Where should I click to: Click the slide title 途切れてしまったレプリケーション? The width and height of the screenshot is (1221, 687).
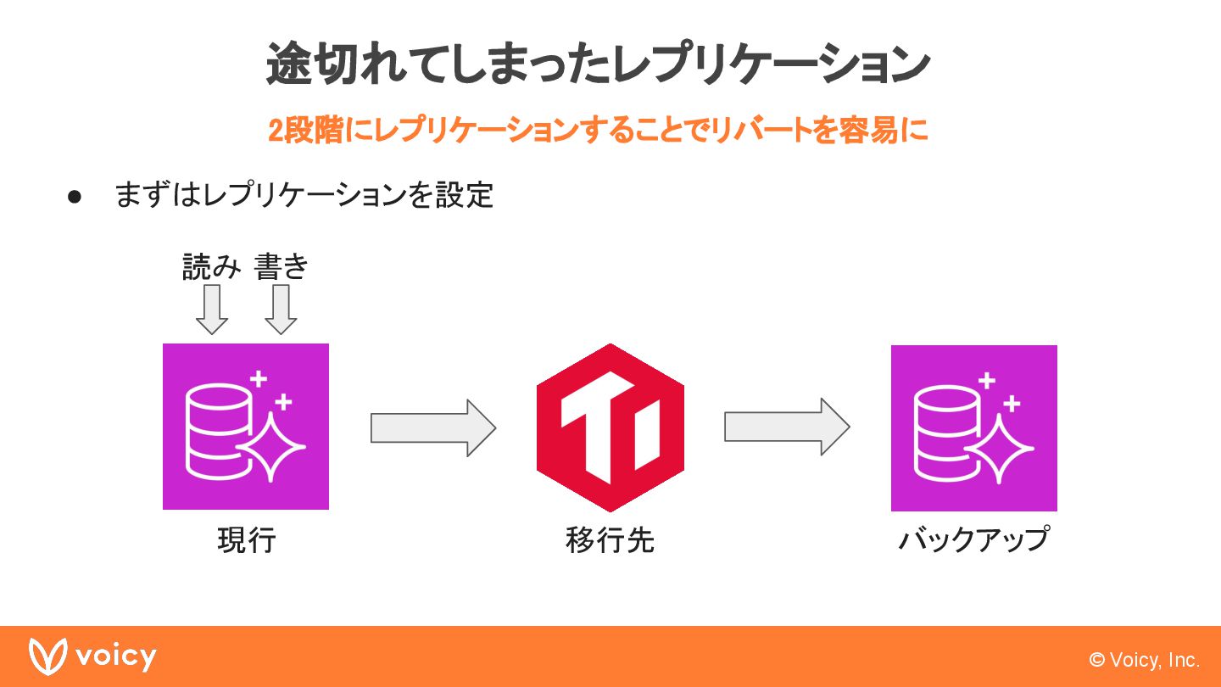(x=598, y=64)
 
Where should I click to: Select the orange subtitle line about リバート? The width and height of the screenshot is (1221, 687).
(x=598, y=131)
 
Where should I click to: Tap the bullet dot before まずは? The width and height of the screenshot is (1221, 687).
(x=75, y=197)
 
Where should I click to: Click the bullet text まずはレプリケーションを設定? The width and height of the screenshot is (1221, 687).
(x=304, y=196)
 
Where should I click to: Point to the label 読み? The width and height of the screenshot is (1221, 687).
(x=212, y=267)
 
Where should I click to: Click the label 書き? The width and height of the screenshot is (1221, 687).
(x=281, y=267)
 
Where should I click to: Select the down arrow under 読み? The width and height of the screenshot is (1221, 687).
(x=212, y=310)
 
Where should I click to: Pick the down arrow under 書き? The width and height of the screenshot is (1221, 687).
(x=281, y=310)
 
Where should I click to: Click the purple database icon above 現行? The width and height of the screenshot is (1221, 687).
(x=246, y=427)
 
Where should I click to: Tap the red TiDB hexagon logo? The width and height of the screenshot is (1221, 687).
(x=610, y=427)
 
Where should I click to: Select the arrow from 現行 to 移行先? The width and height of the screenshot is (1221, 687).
(x=432, y=427)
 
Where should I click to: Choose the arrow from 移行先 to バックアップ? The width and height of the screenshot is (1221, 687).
(x=786, y=427)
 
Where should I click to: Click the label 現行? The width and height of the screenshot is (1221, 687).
(x=246, y=540)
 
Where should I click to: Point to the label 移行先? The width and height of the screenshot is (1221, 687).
(x=610, y=540)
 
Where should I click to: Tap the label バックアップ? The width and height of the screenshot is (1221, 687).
(x=973, y=540)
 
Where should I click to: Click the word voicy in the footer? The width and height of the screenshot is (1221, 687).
(x=115, y=656)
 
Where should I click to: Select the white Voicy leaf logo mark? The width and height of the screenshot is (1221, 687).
(x=47, y=656)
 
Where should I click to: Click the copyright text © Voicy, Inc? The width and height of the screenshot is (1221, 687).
(x=1144, y=660)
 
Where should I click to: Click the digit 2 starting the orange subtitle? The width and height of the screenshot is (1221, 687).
(x=276, y=131)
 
